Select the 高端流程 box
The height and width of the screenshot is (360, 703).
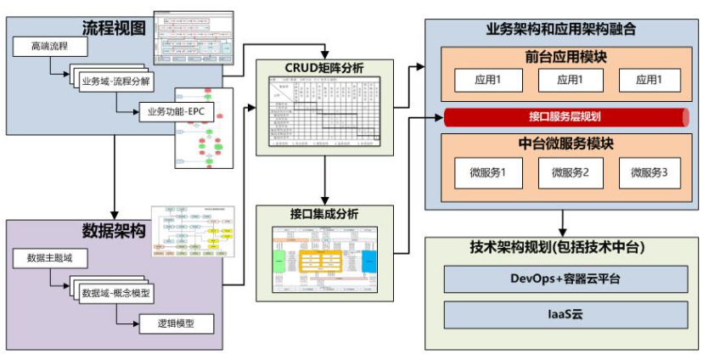[50, 46]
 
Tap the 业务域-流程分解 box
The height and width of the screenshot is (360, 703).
[116, 81]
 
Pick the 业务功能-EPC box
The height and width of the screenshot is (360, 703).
[176, 111]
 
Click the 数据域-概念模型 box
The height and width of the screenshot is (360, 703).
[116, 293]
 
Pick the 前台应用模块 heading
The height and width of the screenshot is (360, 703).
[565, 58]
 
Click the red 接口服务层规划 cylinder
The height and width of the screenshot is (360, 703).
[565, 116]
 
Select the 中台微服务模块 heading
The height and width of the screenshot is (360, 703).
[565, 143]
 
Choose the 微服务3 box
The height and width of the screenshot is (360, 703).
[650, 173]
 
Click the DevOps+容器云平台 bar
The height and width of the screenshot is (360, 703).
[565, 278]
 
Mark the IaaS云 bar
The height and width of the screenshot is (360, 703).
[565, 314]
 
